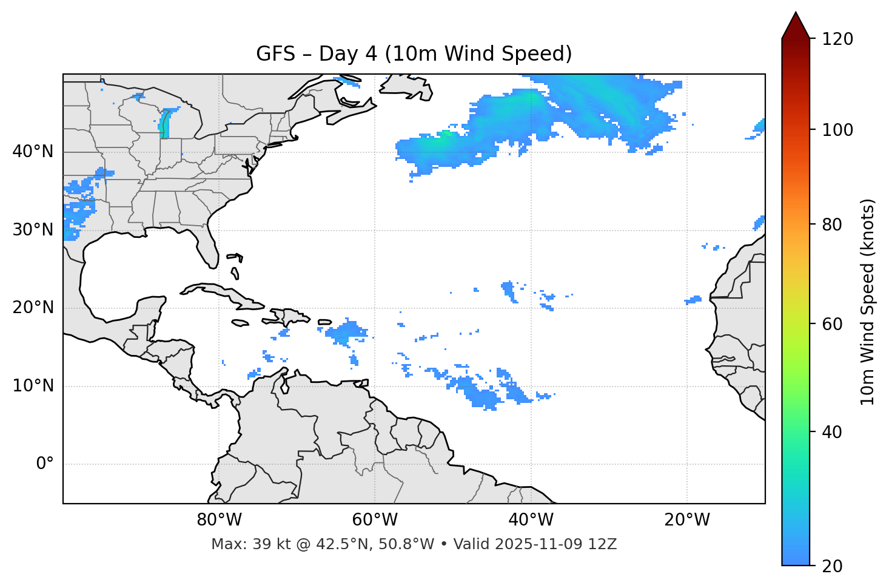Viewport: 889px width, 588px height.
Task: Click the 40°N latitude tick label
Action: [x=33, y=152]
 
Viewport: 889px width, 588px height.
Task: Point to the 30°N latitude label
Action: [x=33, y=230]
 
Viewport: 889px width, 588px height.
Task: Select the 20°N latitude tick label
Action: [x=33, y=308]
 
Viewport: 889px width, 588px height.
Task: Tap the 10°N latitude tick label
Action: [x=33, y=386]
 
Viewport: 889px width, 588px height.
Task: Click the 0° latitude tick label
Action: [x=45, y=464]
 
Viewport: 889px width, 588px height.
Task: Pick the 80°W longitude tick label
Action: [x=219, y=520]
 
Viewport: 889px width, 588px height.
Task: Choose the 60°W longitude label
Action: [x=375, y=520]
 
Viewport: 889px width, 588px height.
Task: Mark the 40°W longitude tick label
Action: [x=531, y=520]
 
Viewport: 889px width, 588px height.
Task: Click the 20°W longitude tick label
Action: [x=686, y=520]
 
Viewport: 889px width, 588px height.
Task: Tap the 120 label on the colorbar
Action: [x=837, y=39]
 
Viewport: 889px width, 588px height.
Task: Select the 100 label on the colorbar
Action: [x=837, y=130]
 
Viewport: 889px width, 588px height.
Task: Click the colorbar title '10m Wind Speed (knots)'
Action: [x=868, y=302]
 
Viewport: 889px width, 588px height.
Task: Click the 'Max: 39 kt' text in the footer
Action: [x=238, y=544]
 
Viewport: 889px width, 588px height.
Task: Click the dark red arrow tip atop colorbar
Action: [x=796, y=24]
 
